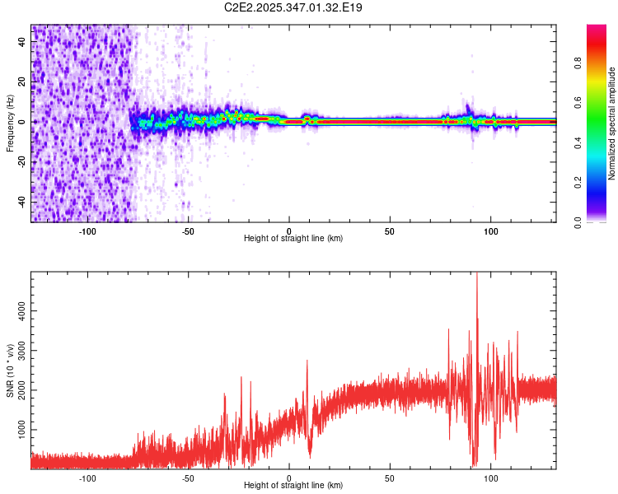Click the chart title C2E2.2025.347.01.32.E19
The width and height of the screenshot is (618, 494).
tap(293, 7)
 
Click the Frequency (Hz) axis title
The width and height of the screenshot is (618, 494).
tap(10, 123)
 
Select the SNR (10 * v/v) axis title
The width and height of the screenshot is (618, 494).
tap(10, 370)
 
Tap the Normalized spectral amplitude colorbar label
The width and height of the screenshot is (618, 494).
tap(612, 123)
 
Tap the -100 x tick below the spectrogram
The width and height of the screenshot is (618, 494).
tap(87, 230)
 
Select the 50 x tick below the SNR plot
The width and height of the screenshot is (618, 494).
tap(391, 477)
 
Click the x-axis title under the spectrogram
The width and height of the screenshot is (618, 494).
tap(293, 239)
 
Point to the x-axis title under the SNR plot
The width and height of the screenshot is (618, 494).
tap(293, 486)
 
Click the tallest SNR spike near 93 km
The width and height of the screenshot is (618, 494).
tap(477, 275)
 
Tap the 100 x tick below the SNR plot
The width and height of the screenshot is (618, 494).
tap(492, 477)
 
